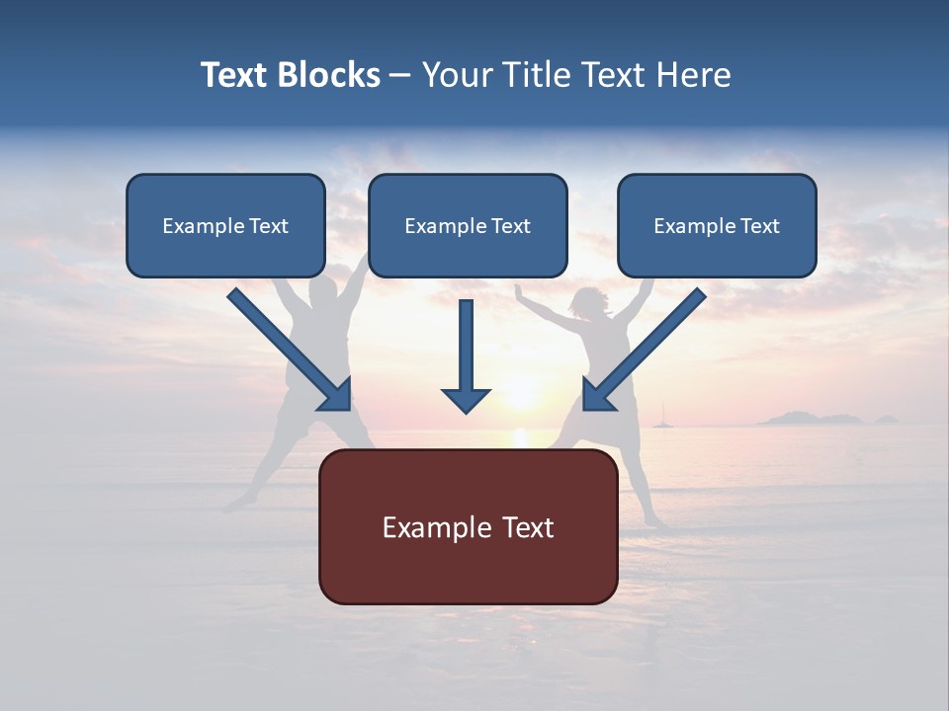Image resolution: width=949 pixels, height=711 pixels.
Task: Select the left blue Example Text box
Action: pos(225,225)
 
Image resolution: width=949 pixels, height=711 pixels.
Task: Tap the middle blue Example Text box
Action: pos(468,225)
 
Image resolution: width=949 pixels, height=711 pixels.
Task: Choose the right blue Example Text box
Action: pos(717,225)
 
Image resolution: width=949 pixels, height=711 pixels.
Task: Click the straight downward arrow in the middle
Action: pos(466,355)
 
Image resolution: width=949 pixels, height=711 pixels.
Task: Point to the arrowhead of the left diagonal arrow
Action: pos(336,395)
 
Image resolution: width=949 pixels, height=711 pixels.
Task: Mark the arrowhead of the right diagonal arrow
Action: pos(597,395)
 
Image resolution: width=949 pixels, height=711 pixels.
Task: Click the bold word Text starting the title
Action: pos(233,75)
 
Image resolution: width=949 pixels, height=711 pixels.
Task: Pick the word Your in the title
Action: pos(457,75)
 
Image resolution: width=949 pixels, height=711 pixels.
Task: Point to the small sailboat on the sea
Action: pos(659,423)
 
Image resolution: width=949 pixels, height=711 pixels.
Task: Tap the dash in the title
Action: pos(400,76)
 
